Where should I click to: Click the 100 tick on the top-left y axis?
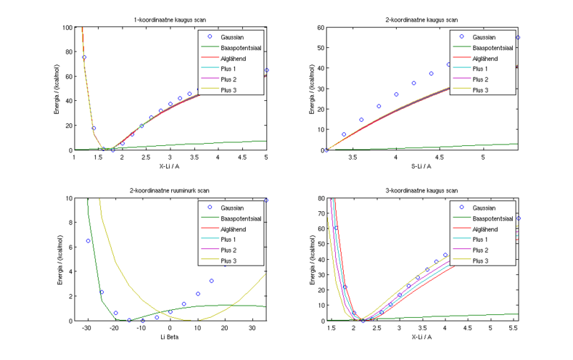click(x=67, y=27)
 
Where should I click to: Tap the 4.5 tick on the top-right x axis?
click(x=440, y=157)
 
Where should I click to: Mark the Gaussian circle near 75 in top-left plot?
click(x=84, y=57)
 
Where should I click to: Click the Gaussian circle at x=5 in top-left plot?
click(x=266, y=70)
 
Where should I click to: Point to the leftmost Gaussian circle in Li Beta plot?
click(x=88, y=240)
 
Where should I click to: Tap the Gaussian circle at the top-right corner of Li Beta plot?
click(x=266, y=200)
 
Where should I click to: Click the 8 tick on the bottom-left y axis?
click(x=69, y=223)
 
